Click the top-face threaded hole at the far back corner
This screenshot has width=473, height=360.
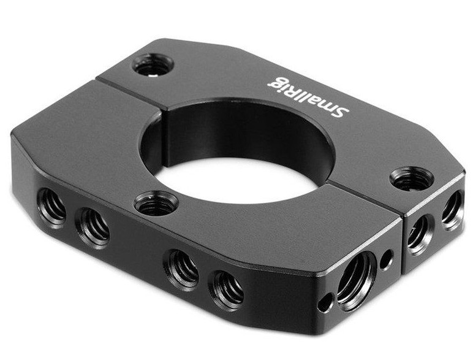click(153, 65)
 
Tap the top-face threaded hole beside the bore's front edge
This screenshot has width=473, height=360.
click(156, 204)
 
